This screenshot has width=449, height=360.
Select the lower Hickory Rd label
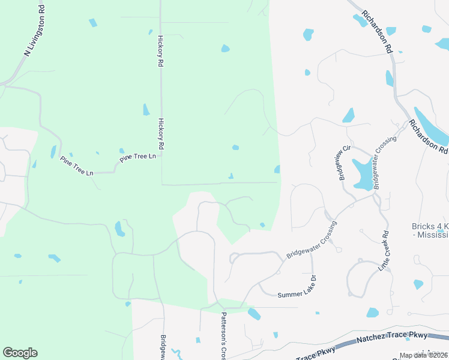click(161, 133)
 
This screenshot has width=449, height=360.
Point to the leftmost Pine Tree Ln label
click(77, 166)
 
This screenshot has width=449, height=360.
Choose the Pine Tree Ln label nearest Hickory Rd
click(137, 157)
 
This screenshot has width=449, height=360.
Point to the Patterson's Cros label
click(223, 335)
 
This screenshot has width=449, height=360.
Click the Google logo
click(20, 353)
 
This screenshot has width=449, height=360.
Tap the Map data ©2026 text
click(423, 355)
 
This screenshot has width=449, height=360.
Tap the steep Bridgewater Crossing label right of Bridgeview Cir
click(385, 163)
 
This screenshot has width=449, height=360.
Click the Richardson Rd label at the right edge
click(429, 136)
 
